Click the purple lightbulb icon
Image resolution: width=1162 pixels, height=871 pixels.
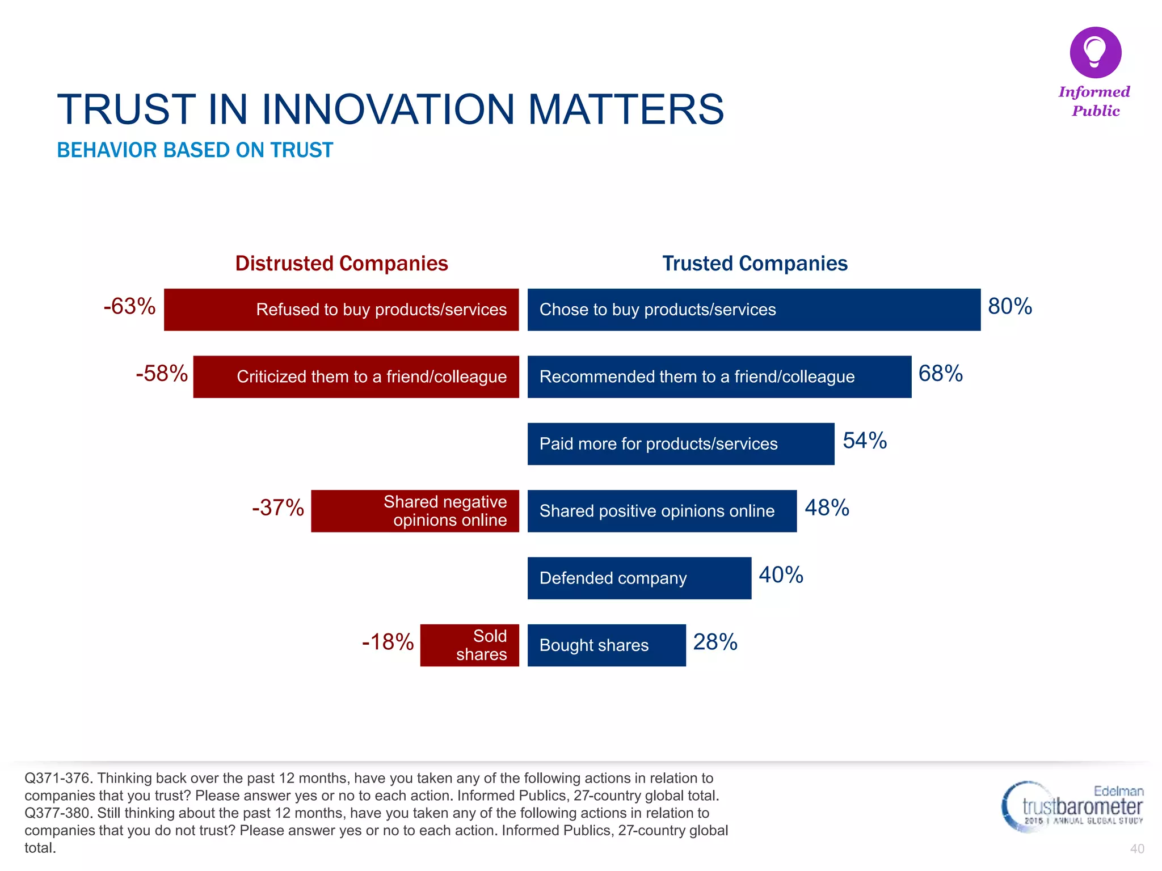click(1095, 52)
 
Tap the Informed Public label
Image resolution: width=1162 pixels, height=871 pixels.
click(1094, 101)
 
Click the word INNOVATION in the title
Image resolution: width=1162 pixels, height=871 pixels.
click(388, 109)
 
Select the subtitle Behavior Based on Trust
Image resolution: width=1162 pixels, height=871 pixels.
click(195, 150)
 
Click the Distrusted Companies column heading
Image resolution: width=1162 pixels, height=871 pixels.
click(342, 264)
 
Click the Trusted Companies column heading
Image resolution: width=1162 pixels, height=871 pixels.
click(755, 264)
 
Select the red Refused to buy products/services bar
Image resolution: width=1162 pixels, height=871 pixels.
click(341, 310)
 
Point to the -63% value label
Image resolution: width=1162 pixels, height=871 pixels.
click(129, 306)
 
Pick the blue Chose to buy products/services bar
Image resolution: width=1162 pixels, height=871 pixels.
click(753, 310)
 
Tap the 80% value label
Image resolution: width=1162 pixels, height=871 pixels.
click(1009, 306)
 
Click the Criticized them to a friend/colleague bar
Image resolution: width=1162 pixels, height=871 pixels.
click(356, 377)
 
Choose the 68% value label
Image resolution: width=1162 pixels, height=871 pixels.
click(940, 374)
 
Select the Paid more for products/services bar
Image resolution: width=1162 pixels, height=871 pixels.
click(680, 444)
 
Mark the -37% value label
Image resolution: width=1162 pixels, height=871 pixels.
click(278, 508)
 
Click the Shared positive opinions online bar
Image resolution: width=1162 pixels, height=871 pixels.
click(662, 511)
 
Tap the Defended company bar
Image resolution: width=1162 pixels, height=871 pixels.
click(639, 578)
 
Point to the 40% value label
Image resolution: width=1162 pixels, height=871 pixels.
click(781, 575)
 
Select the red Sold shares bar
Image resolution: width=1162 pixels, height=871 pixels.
click(469, 645)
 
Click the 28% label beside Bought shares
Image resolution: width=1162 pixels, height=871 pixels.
click(715, 642)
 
